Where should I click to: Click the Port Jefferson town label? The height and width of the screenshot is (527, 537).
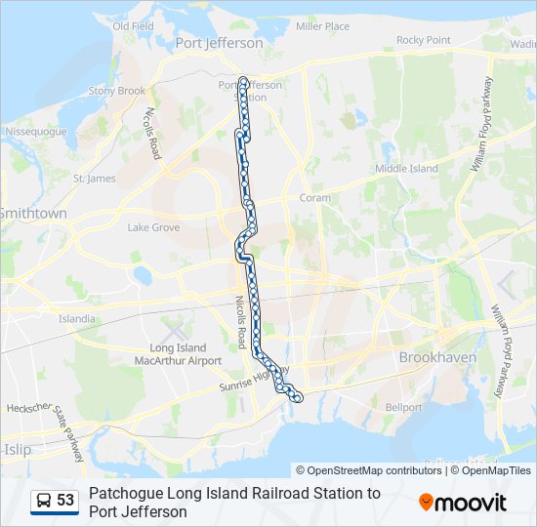click(219, 44)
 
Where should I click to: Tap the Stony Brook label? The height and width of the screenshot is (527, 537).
click(117, 91)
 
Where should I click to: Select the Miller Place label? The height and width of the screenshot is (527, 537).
click(322, 26)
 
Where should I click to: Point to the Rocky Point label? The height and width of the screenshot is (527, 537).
click(424, 40)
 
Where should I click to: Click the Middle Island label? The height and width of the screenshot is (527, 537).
click(407, 169)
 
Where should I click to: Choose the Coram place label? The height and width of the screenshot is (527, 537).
click(315, 198)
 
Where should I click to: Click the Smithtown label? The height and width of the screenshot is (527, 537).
click(34, 213)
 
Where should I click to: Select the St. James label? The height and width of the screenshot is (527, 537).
click(95, 179)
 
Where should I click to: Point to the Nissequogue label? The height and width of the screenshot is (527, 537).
click(36, 131)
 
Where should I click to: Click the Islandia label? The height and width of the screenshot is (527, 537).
click(77, 318)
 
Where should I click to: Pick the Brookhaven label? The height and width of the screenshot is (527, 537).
click(437, 357)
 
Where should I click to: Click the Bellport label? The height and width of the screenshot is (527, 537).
click(404, 407)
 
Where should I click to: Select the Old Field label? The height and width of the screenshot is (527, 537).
click(134, 26)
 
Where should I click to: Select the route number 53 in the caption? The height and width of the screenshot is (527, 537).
click(65, 501)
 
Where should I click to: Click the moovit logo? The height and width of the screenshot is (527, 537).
click(463, 503)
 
